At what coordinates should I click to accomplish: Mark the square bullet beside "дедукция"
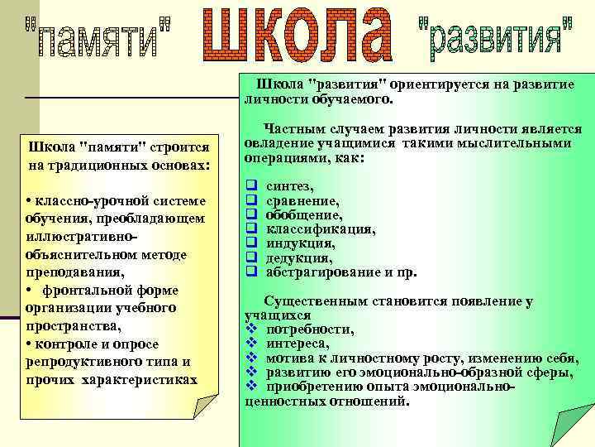point(250,257)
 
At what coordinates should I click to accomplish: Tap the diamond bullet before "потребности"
point(251,329)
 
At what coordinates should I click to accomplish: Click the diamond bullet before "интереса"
point(251,344)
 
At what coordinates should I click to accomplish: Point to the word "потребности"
point(310,329)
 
